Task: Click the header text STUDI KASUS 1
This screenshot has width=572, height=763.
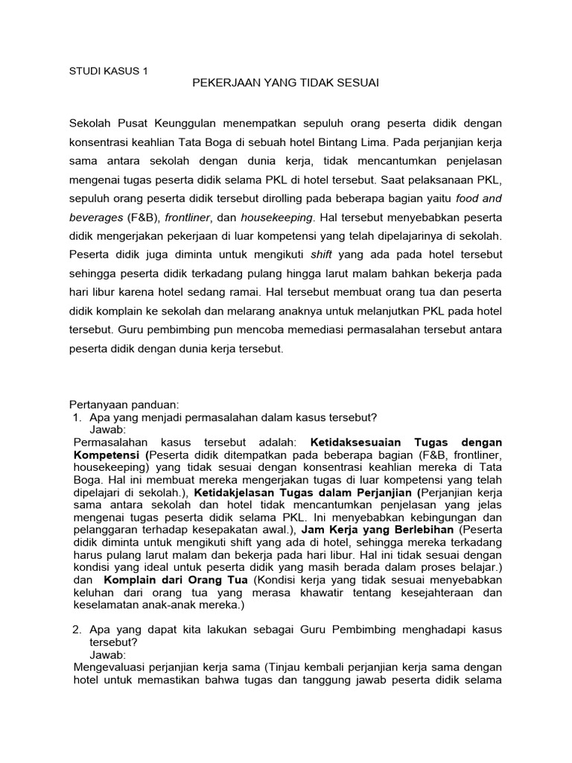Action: pos(108,71)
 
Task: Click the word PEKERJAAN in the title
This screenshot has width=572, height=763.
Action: pos(224,83)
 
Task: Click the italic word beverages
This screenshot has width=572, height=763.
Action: pos(96,219)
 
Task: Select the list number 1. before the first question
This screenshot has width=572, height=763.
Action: pos(77,417)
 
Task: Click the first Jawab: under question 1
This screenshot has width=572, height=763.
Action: pos(108,430)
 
